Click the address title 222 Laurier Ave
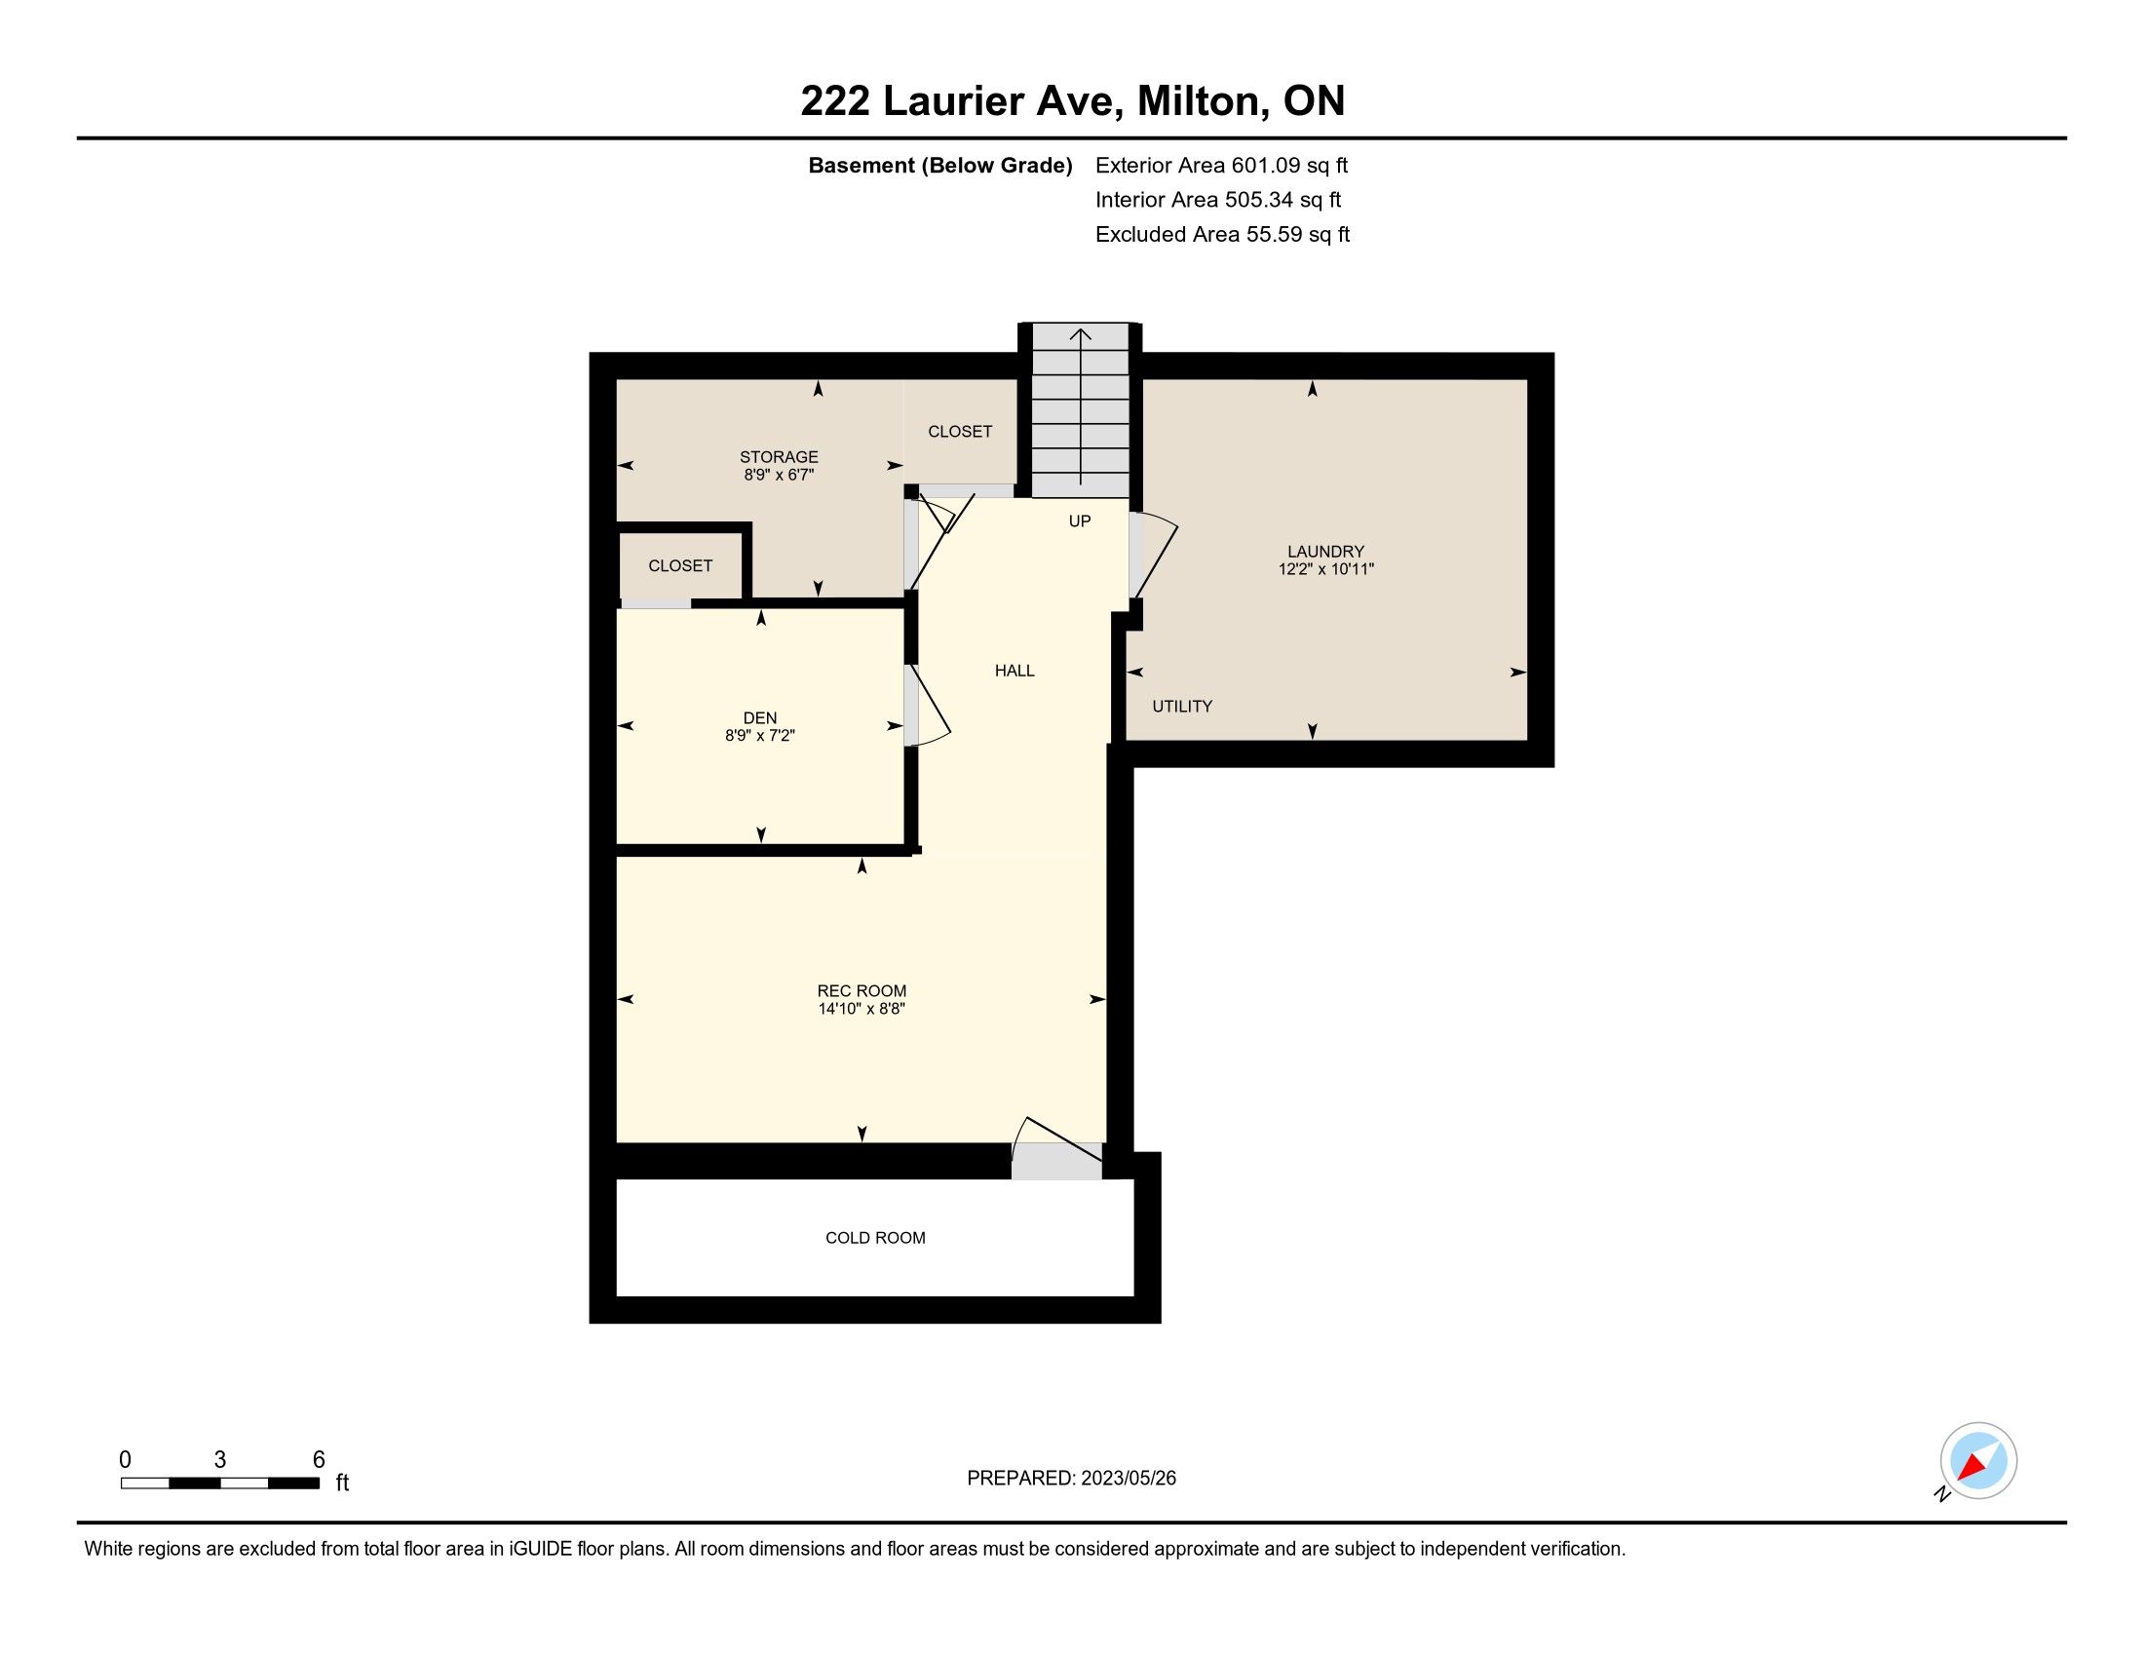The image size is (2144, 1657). (961, 101)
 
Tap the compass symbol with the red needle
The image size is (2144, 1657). (1977, 1462)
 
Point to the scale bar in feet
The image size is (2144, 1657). (221, 1483)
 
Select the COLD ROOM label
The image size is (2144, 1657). (875, 1238)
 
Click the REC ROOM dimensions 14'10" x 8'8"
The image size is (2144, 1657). (861, 1008)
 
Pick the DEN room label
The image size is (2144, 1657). (760, 718)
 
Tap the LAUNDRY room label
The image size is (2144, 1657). (1325, 552)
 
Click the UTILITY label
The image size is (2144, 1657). (1182, 706)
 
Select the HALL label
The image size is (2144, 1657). (1015, 671)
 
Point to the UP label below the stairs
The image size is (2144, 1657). (1079, 521)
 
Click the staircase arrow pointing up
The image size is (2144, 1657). (1080, 406)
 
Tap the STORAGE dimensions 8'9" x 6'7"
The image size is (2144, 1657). (779, 475)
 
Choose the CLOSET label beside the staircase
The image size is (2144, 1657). (959, 432)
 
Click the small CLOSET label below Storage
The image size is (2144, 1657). (679, 566)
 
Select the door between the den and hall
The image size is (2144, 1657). (926, 705)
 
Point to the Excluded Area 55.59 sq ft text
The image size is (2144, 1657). (1222, 235)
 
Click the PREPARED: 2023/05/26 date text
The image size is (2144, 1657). (1071, 1479)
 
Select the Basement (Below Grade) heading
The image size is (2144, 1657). (939, 166)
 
